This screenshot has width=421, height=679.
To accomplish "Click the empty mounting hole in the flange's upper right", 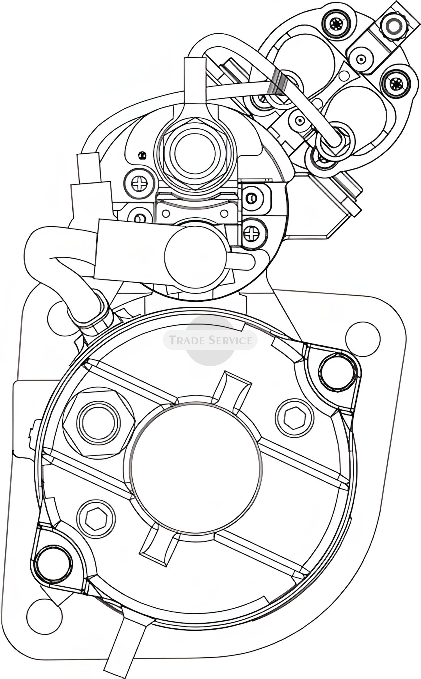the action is (x=363, y=339).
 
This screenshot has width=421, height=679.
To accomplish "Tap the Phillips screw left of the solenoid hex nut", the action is (x=139, y=184).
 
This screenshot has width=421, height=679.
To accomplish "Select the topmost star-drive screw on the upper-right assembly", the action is (x=336, y=25).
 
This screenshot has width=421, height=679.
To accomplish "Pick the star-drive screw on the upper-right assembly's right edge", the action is (x=397, y=82).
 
